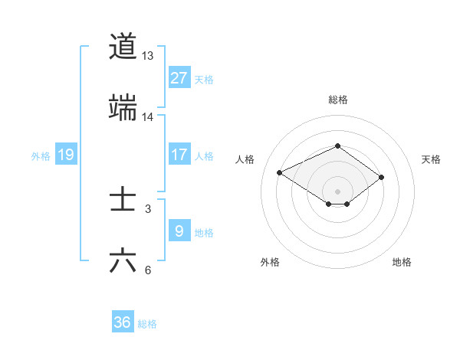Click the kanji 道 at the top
123,47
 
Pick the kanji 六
123,261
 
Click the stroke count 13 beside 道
148,56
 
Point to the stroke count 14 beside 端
148,117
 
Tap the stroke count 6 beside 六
148,270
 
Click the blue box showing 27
179,78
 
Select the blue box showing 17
179,155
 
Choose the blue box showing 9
179,231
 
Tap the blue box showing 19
66,155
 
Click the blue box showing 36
123,322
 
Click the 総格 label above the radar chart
337,100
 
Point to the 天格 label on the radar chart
431,159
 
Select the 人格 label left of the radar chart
245,159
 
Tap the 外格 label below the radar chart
270,262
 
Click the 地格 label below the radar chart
402,262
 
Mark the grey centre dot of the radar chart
337,191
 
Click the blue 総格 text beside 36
147,324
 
